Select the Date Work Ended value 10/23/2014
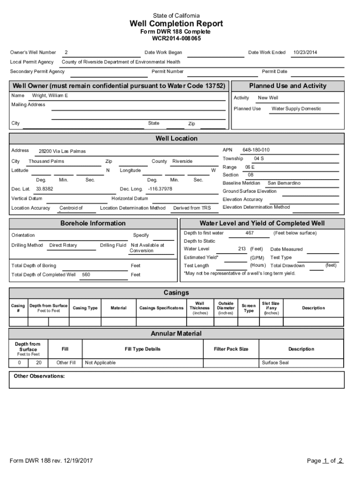coord(305,52)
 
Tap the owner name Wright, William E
coord(50,95)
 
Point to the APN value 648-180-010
coord(256,150)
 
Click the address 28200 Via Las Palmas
coord(62,152)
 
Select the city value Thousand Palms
coord(46,161)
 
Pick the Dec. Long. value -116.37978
coord(159,189)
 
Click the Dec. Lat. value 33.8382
coord(44,189)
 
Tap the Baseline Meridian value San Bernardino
coord(284,183)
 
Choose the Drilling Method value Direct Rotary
coord(63,245)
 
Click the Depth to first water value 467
coord(250,233)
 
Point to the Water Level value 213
coord(242,249)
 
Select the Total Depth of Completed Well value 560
coord(86,275)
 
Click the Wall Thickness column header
coord(200,308)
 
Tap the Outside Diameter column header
coord(226,308)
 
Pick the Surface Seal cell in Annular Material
coord(275,363)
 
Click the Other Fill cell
coord(66,363)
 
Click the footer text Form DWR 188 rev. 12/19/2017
coord(51,461)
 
